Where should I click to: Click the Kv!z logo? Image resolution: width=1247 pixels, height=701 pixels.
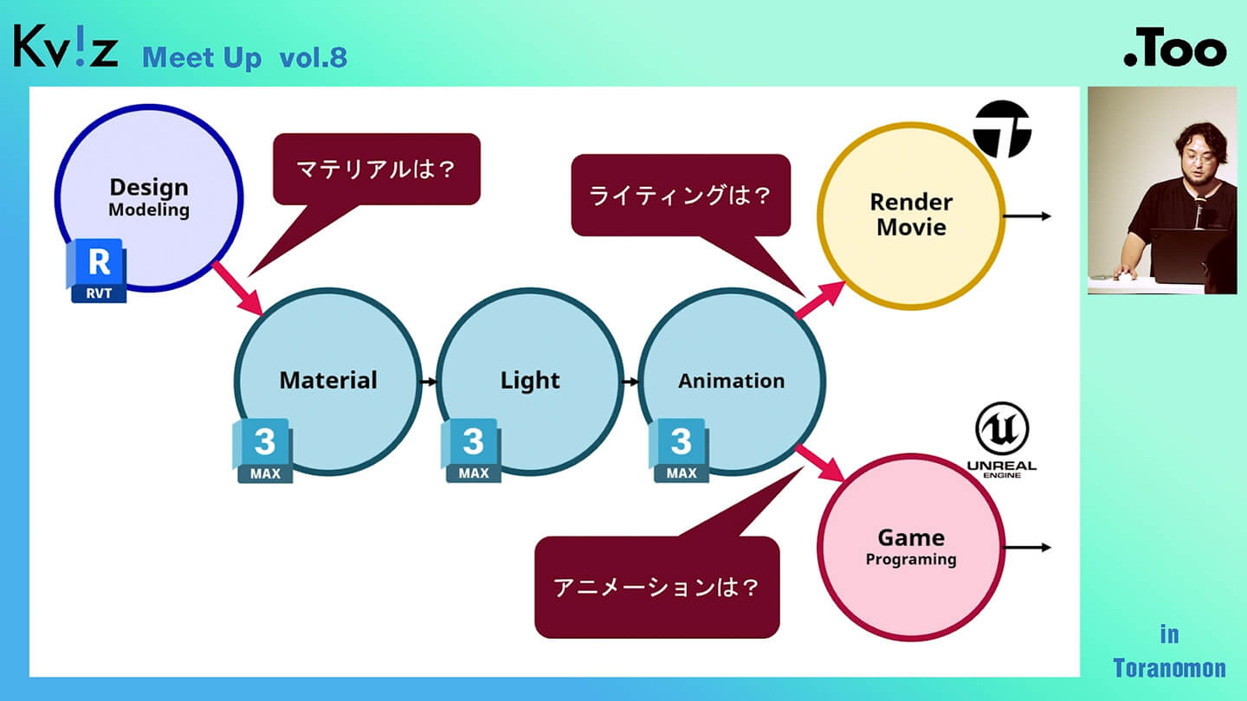[65, 48]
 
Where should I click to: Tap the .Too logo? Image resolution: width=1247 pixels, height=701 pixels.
[1174, 51]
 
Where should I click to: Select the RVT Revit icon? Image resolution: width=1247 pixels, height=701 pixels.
[98, 271]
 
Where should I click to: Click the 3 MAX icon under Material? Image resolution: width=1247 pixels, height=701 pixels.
[263, 450]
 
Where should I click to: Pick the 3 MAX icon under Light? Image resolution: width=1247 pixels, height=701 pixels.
[472, 450]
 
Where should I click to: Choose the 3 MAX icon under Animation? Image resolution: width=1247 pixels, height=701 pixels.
[680, 450]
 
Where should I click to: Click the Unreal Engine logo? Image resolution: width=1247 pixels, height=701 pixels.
[1001, 441]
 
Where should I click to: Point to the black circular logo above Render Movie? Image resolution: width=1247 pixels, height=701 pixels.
[1002, 128]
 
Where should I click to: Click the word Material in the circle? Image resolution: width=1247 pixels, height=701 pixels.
[328, 381]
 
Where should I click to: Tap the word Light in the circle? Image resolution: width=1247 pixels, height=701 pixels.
[530, 381]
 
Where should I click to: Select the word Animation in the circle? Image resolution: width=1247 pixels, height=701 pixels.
[731, 381]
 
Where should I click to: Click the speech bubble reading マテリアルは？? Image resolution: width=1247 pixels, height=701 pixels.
[377, 169]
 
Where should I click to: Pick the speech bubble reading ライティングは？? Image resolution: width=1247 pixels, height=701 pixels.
[680, 195]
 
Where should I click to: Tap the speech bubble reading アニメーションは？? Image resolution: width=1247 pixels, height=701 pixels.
[656, 587]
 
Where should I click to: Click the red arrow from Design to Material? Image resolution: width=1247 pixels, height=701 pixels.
[237, 288]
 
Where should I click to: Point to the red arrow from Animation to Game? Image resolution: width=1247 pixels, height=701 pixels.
[820, 463]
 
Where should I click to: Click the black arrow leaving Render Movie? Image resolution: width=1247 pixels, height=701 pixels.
[1028, 216]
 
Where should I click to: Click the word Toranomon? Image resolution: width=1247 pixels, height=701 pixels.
[1169, 668]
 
